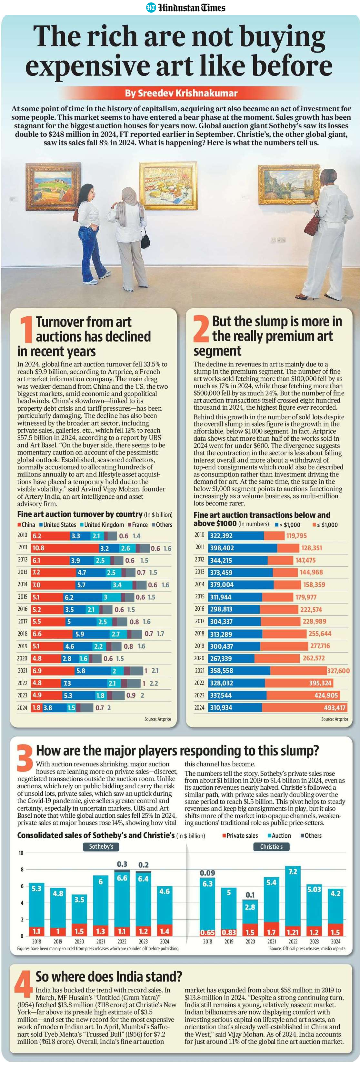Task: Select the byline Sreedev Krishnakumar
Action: pos(181,93)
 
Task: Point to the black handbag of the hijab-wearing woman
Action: pos(145,240)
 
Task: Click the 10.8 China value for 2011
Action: pos(38,548)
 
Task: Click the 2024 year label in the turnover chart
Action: pos(22,708)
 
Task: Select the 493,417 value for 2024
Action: pos(335,708)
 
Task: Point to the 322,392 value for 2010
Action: pos(221,536)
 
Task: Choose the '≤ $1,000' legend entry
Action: pos(325,525)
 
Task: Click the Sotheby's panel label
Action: pos(101,847)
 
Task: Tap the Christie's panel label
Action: pos(271,847)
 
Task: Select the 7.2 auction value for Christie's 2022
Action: pos(293,871)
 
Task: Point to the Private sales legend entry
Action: pos(239,835)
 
